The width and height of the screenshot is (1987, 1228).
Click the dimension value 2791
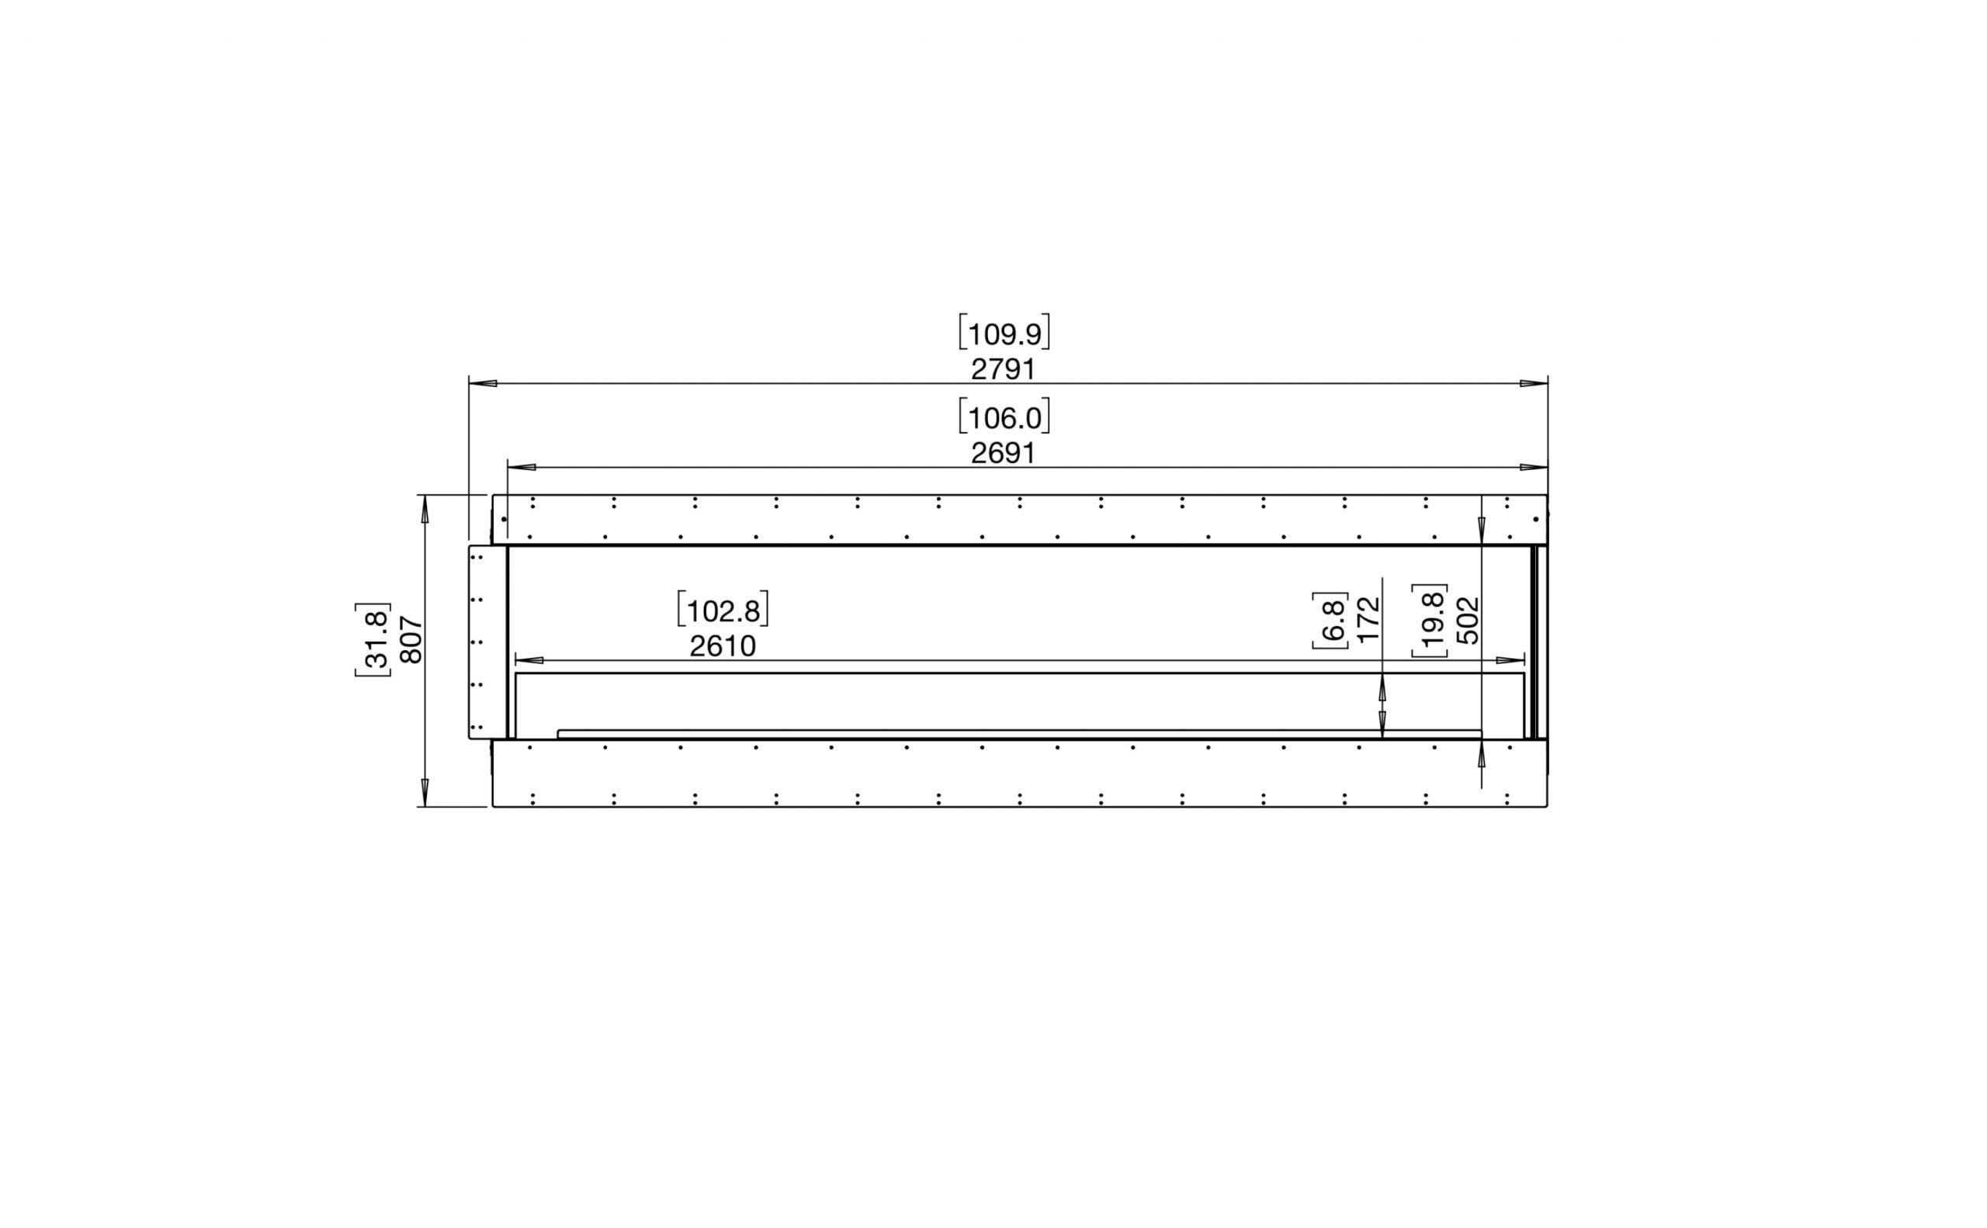coord(1003,369)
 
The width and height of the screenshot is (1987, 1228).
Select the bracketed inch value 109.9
coord(1004,333)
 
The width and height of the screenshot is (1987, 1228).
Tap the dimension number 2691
coord(1003,453)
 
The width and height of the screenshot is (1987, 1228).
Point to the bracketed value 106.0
coord(1004,417)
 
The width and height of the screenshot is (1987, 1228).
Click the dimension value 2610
coord(723,646)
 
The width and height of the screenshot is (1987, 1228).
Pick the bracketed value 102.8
coord(723,610)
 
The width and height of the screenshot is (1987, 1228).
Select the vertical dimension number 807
coord(412,640)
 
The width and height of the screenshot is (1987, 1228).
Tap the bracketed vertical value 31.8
coord(373,640)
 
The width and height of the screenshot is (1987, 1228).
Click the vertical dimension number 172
coord(1369,620)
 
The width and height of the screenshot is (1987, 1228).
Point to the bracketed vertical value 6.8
coord(1330,621)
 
